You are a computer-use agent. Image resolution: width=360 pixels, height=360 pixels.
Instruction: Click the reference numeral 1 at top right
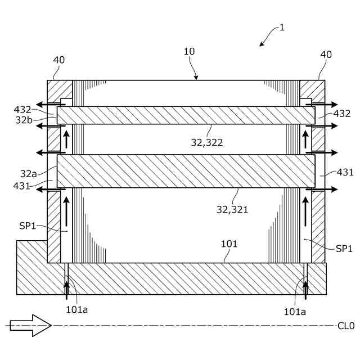click(x=282, y=28)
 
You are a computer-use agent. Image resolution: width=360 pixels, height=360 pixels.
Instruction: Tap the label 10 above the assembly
click(x=189, y=52)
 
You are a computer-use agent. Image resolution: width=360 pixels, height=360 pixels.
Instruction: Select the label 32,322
click(x=207, y=142)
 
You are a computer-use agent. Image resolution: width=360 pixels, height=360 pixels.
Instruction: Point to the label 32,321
click(x=232, y=209)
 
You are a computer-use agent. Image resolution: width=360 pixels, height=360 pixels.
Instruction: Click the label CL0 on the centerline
click(x=346, y=325)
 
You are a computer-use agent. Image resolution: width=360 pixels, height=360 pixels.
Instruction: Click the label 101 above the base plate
click(x=229, y=244)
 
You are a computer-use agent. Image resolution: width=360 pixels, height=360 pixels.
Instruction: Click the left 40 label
click(x=59, y=60)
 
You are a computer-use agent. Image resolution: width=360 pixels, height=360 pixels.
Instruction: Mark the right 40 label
click(x=326, y=55)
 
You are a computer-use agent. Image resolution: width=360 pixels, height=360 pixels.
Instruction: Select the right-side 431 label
click(x=345, y=172)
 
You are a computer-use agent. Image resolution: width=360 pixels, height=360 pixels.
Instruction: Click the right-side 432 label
click(x=342, y=114)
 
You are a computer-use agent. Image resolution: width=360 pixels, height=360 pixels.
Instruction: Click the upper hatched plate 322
click(x=186, y=115)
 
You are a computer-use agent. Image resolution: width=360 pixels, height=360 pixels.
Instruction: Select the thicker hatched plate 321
click(x=186, y=172)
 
